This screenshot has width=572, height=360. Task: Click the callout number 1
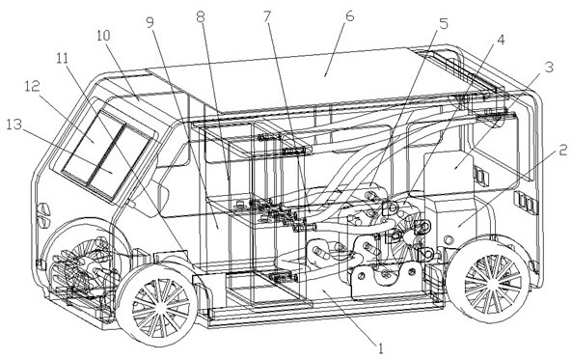(381, 348)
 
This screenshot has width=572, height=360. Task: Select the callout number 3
(549, 67)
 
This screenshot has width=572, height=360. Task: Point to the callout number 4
(502, 40)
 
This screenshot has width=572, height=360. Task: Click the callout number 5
(443, 24)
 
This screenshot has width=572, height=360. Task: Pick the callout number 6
(349, 16)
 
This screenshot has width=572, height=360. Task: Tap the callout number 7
(267, 16)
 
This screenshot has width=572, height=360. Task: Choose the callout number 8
(201, 16)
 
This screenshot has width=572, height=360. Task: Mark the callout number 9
(150, 22)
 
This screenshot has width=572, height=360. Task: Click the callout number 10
(104, 36)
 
